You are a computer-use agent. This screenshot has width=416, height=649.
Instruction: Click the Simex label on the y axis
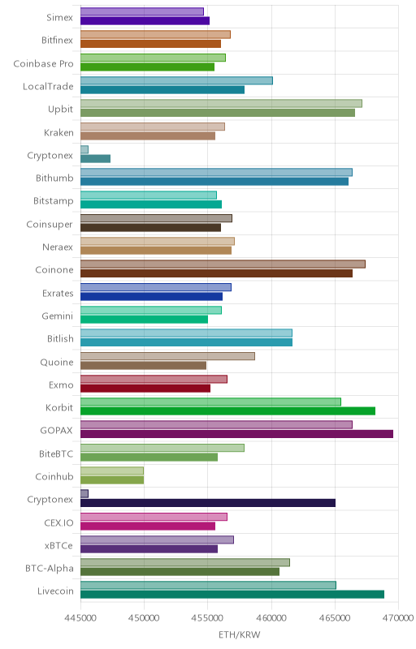[59, 17]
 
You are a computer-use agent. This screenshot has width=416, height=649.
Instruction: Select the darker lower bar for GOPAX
[236, 434]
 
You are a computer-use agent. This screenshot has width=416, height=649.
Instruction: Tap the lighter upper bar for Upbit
[221, 104]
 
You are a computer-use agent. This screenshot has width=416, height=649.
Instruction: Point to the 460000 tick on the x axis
[272, 618]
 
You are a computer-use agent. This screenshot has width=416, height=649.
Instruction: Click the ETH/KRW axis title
[240, 634]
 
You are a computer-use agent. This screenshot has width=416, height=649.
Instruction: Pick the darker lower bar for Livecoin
[232, 595]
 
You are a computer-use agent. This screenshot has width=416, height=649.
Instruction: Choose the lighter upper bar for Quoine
[167, 356]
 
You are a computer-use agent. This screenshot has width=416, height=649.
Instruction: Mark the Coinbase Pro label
[44, 64]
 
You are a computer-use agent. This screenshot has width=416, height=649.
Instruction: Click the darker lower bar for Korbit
[227, 410]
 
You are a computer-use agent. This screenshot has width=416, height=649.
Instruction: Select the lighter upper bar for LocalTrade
[176, 80]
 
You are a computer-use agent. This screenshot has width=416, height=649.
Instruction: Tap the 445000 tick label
[80, 618]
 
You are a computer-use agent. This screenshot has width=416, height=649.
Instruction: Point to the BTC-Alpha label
[50, 569]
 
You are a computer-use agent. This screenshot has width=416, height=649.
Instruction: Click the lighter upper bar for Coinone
[223, 264]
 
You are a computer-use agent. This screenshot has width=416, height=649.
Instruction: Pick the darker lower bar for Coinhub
[112, 479]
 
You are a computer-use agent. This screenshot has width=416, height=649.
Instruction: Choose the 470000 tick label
[399, 618]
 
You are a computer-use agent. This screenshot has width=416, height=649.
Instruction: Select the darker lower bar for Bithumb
[214, 181]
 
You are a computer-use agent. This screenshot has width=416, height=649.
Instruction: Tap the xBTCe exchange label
[58, 545]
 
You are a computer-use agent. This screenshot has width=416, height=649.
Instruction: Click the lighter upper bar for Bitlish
[186, 333]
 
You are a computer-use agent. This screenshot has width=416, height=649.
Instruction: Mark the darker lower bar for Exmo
[145, 389]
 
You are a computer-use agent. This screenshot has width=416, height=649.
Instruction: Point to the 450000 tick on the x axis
[144, 618]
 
